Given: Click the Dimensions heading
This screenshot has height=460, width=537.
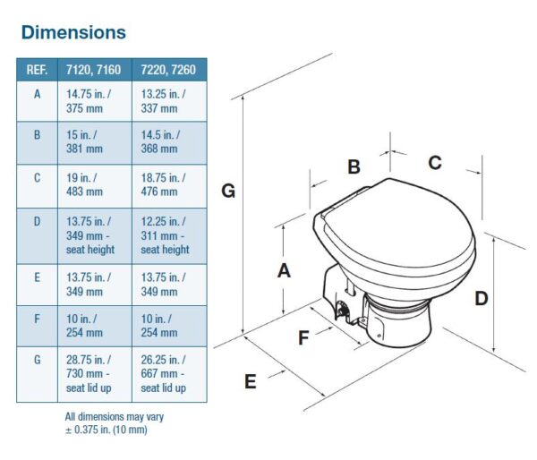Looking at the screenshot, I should tap(73, 33).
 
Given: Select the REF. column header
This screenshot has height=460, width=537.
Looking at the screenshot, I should tap(37, 69).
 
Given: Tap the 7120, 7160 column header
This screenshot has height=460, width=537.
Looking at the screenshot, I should tap(93, 69).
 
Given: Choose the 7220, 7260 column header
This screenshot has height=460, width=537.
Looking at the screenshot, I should tap(168, 69).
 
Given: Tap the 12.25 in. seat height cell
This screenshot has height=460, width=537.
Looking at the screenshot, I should tap(168, 235).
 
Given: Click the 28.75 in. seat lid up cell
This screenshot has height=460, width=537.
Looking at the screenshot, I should tap(93, 373).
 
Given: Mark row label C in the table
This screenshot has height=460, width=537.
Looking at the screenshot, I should tap(37, 177).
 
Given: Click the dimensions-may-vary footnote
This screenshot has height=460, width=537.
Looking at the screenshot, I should tap(114, 423).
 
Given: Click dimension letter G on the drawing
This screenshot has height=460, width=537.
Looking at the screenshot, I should tap(229, 191).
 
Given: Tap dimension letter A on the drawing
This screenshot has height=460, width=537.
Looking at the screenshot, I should tap(285, 270).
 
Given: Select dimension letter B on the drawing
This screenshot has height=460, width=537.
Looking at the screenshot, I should tap(354, 167).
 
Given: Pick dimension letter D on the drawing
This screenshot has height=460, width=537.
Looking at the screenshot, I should tap(482, 299).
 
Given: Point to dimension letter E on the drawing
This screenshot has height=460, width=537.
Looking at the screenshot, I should tap(251, 381).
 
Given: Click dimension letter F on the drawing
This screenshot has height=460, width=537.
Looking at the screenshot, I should tap(304, 337).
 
